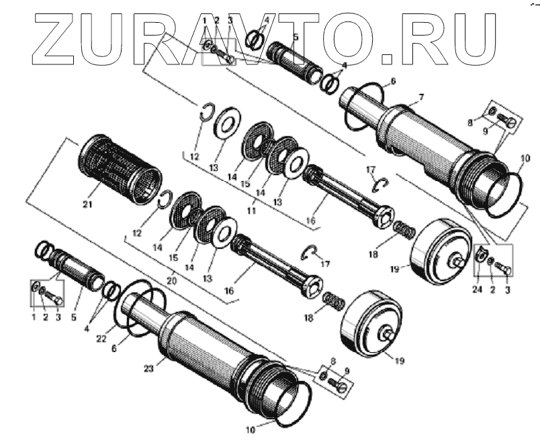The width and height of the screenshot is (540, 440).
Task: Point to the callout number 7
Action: (420, 97)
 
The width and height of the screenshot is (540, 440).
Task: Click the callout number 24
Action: (478, 290)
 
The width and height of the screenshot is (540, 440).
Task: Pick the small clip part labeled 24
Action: (480, 255)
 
